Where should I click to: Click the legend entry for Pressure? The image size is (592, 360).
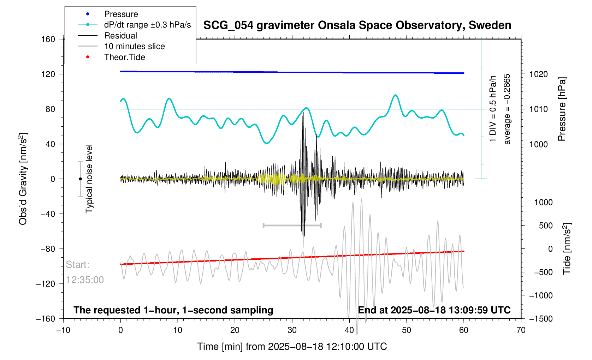click(x=121, y=14)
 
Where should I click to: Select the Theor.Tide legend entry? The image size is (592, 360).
click(x=124, y=57)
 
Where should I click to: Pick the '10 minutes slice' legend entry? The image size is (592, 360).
click(x=134, y=46)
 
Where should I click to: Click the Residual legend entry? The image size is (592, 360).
click(x=120, y=36)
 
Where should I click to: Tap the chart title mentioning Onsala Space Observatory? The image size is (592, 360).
click(x=357, y=25)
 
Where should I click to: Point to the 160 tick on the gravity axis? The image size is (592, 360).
click(x=48, y=39)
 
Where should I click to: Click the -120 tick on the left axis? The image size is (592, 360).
click(x=46, y=284)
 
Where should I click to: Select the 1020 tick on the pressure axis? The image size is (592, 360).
click(x=538, y=74)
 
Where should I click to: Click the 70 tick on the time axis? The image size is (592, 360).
click(x=521, y=330)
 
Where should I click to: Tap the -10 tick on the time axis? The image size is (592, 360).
click(x=63, y=330)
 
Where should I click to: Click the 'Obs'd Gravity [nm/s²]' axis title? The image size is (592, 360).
click(x=23, y=179)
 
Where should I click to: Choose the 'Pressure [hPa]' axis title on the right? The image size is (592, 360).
click(x=562, y=109)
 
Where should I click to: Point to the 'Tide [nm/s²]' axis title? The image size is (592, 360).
click(x=567, y=249)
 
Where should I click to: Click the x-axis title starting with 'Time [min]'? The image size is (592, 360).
click(x=292, y=346)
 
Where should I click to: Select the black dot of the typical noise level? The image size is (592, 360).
click(x=80, y=179)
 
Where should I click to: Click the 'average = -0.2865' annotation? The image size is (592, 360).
click(x=507, y=109)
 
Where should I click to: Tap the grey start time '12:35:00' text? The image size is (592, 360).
click(x=85, y=280)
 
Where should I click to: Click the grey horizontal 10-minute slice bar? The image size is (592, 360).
click(x=292, y=225)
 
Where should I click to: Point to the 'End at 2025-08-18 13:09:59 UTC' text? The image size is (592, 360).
click(x=434, y=310)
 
